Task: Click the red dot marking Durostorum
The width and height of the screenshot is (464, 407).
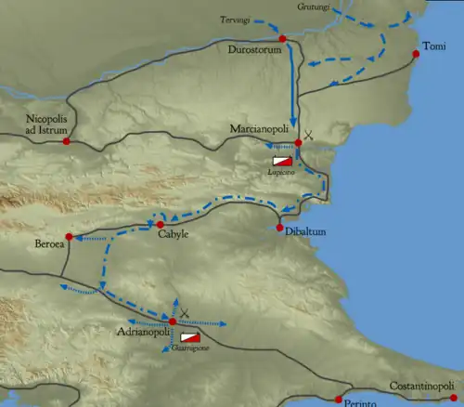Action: coord(283,39)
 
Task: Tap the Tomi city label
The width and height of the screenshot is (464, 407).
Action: coord(433,46)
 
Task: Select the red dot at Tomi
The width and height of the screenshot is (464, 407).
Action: coord(416,54)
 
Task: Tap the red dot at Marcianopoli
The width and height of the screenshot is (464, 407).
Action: coord(298,142)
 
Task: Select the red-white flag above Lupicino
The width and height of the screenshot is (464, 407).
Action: coord(282,160)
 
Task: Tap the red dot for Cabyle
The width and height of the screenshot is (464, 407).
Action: coord(160,224)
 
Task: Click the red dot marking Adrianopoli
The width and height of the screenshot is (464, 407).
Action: coord(172,322)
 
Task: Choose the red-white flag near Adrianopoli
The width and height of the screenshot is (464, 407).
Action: coord(190,336)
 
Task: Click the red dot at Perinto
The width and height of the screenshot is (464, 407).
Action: coord(338,400)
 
